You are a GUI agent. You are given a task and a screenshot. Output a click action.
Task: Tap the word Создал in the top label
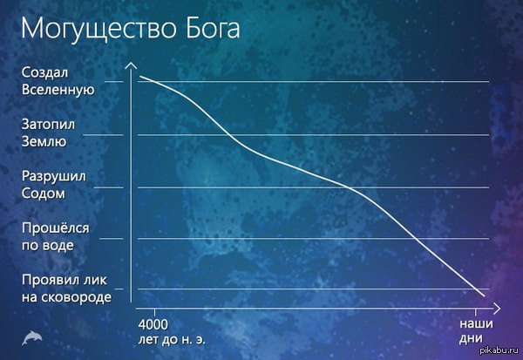pos(44,72)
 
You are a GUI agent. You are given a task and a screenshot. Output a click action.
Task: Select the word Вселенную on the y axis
pos(58,90)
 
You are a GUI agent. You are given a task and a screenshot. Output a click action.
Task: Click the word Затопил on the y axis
pos(48,125)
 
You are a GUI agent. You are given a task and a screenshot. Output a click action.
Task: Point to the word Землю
pos(44,142)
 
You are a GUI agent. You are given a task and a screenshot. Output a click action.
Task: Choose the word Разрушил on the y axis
pos(54,177)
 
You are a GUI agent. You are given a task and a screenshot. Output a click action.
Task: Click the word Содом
pos(44,194)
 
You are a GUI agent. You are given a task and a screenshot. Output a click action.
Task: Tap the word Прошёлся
pos(56,228)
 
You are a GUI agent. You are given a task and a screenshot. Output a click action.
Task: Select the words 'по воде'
pos(48,246)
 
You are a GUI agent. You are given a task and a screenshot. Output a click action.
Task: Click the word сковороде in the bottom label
pos(78,297)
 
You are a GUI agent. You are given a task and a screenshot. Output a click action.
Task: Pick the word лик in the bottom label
pos(96,281)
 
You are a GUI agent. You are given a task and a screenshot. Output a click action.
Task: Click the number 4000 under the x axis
pos(153,324)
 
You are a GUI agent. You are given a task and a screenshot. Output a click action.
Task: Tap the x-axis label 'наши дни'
pos(475,331)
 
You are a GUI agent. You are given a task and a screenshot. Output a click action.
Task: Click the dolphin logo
pos(32,337)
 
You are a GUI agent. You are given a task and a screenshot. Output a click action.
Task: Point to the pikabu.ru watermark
pos(499,350)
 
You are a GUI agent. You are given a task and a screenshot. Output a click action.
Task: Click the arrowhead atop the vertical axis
pos(131,65)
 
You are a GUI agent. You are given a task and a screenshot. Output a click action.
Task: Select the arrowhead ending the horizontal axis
pos(497,309)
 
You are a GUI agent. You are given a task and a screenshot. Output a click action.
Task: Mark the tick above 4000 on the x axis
pos(154,313)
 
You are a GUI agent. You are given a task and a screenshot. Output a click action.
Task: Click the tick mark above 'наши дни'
pos(475,313)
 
